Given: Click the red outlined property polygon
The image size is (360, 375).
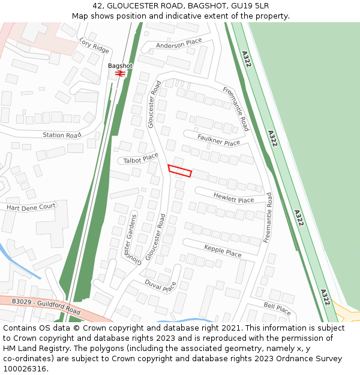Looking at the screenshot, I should (179, 171).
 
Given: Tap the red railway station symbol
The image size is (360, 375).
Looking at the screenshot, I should (119, 73).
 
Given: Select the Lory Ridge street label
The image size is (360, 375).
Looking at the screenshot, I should (94, 45).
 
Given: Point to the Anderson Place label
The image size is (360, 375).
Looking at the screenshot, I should (179, 44).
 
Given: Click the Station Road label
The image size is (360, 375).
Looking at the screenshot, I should (61, 136).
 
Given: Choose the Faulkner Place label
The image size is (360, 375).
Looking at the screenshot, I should (218, 140).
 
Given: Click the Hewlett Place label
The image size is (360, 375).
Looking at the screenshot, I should (233, 199).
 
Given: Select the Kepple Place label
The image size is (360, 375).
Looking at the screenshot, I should (223, 251).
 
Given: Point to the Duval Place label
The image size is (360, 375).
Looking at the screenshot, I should (160, 286).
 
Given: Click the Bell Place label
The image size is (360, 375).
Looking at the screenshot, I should (277, 309).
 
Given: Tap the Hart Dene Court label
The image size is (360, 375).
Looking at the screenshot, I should (31, 207).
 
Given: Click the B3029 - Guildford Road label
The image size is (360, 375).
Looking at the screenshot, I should (46, 306).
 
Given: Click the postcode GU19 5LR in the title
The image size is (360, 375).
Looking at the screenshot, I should (248, 5).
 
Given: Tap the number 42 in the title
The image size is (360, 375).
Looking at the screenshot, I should (98, 5).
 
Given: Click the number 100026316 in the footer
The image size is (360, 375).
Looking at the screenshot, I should (25, 369).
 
